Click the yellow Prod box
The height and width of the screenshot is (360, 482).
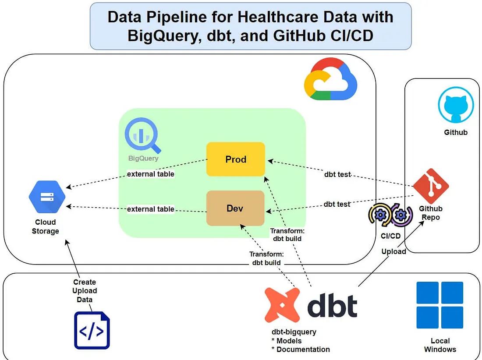pyautogui.click(x=236, y=159)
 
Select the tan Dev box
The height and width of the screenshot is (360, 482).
pyautogui.click(x=235, y=208)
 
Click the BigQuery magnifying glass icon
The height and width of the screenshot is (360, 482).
pyautogui.click(x=142, y=136)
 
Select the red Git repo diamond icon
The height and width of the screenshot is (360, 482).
pyautogui.click(x=431, y=186)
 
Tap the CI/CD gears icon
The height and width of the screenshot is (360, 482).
pyautogui.click(x=390, y=215)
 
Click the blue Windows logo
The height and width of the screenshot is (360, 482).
pyautogui.click(x=439, y=305)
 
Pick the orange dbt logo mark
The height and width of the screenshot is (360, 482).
pyautogui.click(x=282, y=305)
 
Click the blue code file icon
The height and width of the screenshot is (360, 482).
pyautogui.click(x=92, y=331)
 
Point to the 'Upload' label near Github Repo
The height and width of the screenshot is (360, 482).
pyautogui.click(x=393, y=251)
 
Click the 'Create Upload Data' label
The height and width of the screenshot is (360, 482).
pyautogui.click(x=85, y=291)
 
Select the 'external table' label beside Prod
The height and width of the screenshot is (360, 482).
pyautogui.click(x=150, y=174)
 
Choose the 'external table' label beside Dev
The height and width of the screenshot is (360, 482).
pyautogui.click(x=150, y=209)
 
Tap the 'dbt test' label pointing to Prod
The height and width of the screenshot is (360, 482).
pyautogui.click(x=337, y=174)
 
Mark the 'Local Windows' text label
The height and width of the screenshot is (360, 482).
pyautogui.click(x=440, y=345)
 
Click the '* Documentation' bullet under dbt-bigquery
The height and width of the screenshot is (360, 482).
pyautogui.click(x=301, y=349)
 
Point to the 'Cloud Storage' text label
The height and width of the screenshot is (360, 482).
pyautogui.click(x=45, y=226)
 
